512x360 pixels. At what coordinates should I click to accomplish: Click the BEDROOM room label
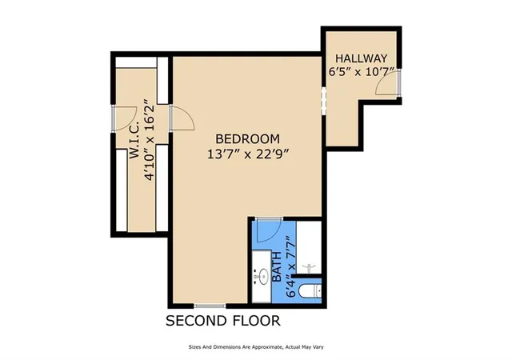(247, 139)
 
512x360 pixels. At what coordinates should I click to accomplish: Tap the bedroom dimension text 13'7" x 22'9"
(249, 154)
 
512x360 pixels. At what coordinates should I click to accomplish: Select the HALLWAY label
(361, 58)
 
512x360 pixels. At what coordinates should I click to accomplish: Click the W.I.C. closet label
(134, 141)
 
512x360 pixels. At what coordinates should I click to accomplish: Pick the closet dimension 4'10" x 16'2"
(149, 140)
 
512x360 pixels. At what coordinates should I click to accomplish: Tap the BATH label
(277, 266)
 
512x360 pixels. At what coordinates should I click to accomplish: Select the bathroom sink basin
(262, 277)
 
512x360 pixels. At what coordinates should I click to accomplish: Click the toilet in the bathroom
(310, 291)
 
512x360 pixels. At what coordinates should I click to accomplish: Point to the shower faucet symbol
(309, 269)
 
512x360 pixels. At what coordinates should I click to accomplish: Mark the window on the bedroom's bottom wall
(210, 306)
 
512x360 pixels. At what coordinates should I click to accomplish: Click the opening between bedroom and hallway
(323, 101)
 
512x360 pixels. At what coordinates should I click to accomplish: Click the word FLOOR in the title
(256, 321)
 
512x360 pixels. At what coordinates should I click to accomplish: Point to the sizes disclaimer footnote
(256, 347)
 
